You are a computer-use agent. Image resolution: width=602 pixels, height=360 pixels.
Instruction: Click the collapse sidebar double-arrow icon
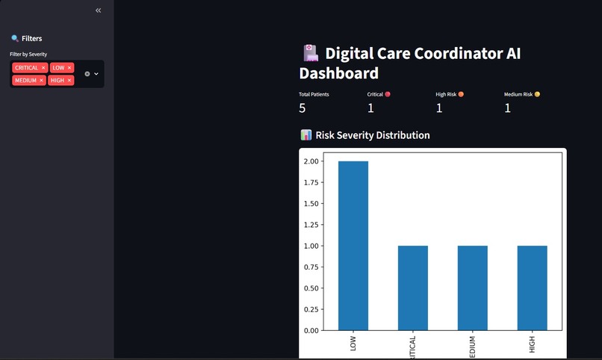coord(99,10)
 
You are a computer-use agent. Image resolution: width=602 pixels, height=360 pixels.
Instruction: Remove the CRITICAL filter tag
coord(43,68)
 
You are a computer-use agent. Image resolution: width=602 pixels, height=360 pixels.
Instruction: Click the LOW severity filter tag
coord(58,68)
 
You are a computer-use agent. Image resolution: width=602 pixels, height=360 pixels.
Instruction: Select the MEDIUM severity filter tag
coord(25,80)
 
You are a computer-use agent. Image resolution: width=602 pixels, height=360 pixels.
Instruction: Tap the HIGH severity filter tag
coord(58,80)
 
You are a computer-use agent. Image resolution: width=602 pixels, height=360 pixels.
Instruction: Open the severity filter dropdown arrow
coord(96,74)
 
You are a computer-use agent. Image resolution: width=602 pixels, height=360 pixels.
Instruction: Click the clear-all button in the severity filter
coord(87,74)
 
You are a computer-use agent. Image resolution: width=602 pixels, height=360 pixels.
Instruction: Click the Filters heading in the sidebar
coord(31,38)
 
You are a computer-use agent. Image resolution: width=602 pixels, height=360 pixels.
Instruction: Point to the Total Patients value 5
coord(302,108)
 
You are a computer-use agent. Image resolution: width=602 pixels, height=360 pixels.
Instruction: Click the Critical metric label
coord(376,95)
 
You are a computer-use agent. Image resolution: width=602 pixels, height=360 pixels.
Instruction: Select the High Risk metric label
coord(446,95)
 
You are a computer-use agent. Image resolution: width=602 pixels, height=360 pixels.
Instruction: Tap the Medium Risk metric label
coord(518,95)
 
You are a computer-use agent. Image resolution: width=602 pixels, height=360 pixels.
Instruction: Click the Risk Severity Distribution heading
coord(372,135)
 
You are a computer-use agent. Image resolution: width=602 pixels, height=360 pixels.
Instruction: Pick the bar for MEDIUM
coord(472,288)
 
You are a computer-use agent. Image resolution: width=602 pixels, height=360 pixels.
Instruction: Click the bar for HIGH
coord(532,288)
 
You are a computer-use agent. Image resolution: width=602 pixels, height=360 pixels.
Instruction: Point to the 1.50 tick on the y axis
coord(311,203)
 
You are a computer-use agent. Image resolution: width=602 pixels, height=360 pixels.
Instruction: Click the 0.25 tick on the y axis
coord(311,309)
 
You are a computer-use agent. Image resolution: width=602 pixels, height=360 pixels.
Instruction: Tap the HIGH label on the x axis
coord(532,345)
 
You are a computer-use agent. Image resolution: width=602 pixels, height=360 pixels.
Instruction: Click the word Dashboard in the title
coord(338,73)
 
